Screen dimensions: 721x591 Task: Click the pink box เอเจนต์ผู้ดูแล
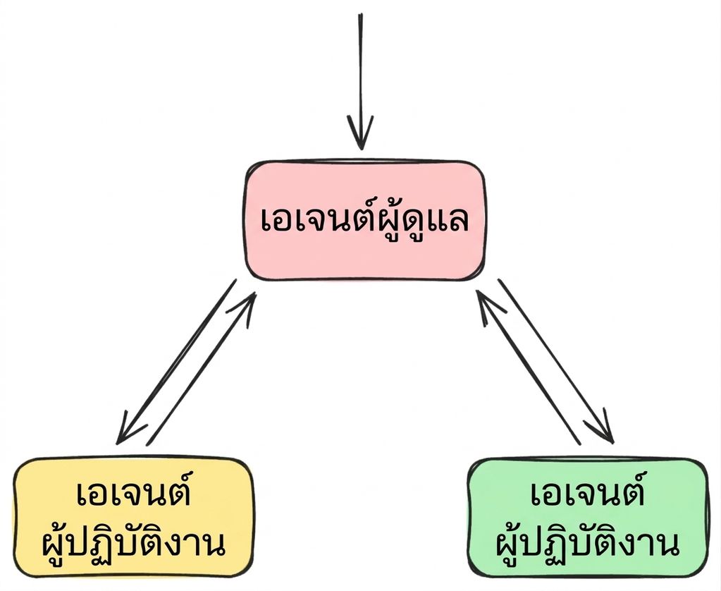[x=364, y=221]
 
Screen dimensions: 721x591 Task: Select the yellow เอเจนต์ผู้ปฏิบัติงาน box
[x=133, y=517]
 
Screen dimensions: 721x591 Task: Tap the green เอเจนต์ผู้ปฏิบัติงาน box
[x=588, y=517]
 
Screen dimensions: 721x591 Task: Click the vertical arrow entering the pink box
[x=361, y=82]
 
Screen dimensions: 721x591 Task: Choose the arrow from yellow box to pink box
[x=201, y=369]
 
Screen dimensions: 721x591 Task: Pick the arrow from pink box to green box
[x=556, y=361]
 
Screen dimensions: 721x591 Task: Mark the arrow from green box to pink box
[x=528, y=367]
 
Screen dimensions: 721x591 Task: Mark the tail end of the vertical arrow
[x=361, y=14]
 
